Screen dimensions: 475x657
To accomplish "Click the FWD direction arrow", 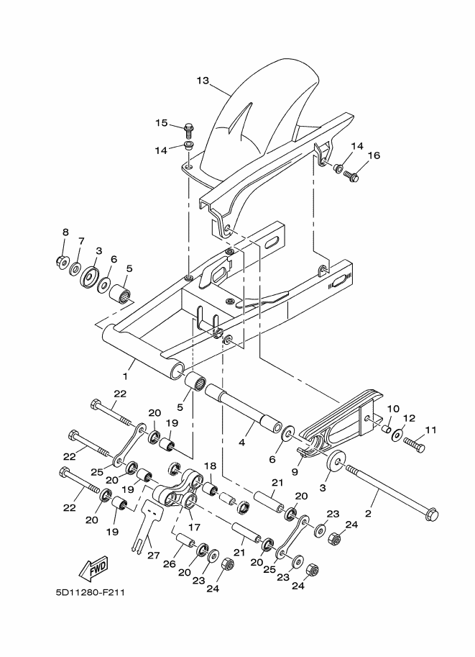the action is click(x=93, y=568).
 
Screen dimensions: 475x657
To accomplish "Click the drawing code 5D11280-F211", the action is click(x=90, y=592).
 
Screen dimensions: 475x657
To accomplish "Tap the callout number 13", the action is click(x=203, y=80).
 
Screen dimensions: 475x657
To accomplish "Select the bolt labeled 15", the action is click(x=188, y=130).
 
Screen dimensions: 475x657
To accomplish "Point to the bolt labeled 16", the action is click(x=351, y=176).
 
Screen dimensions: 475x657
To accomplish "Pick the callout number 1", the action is click(x=125, y=376).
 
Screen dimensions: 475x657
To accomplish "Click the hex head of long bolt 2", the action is click(x=431, y=515).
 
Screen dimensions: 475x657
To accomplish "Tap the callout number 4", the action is click(x=242, y=443).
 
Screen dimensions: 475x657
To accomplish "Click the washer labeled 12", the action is click(x=397, y=435).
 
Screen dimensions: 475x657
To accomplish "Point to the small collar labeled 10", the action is click(x=386, y=429).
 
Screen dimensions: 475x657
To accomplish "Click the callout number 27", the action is click(x=154, y=556).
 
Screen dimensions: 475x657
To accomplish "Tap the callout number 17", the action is click(x=195, y=527).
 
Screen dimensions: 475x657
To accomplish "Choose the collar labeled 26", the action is click(x=185, y=541).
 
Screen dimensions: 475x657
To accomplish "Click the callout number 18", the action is click(x=210, y=466).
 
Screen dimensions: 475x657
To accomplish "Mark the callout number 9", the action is click(x=295, y=472).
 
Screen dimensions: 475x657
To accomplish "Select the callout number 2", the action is click(x=368, y=513).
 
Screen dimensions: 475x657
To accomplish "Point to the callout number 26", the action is click(x=170, y=564).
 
